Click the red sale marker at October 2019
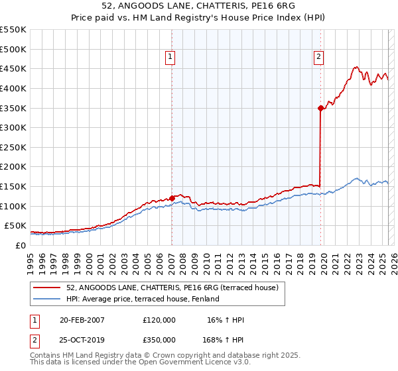coord(320,107)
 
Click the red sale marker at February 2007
coord(172,197)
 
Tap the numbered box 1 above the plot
coord(171,58)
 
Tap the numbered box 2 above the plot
coord(319,58)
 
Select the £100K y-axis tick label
coord(13,206)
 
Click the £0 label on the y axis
coord(21,245)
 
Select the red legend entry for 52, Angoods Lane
coord(176,288)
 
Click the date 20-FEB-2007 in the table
coord(82,320)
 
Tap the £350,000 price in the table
coord(159,340)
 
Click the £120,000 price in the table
coord(159,320)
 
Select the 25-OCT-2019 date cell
coord(82,340)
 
